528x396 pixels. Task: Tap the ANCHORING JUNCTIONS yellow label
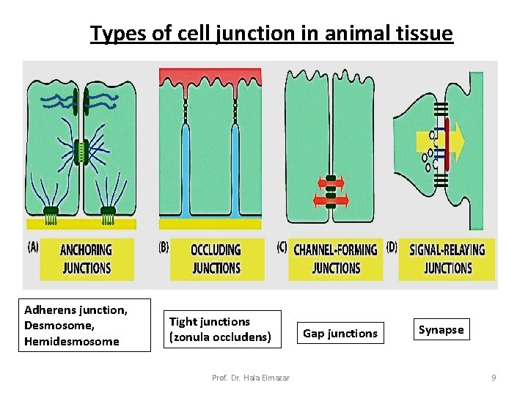pyautogui.click(x=87, y=259)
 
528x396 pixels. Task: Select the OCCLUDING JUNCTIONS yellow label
pyautogui.click(x=216, y=259)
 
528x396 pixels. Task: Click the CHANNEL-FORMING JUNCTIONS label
pyautogui.click(x=336, y=259)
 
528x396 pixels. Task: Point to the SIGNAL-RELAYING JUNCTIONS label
pyautogui.click(x=447, y=259)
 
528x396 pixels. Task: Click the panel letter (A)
pyautogui.click(x=33, y=247)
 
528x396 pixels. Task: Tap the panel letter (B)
pyautogui.click(x=164, y=247)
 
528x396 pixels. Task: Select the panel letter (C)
pyautogui.click(x=281, y=247)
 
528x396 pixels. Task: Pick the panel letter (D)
pyautogui.click(x=392, y=247)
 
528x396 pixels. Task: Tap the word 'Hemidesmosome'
pyautogui.click(x=71, y=341)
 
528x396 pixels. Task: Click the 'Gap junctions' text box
pyautogui.click(x=340, y=334)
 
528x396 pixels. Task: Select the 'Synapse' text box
pyautogui.click(x=441, y=330)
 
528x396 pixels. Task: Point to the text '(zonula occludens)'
pyautogui.click(x=220, y=337)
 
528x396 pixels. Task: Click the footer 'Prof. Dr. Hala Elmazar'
pyautogui.click(x=250, y=378)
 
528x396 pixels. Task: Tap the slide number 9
pyautogui.click(x=494, y=378)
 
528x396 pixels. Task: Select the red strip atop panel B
pyautogui.click(x=210, y=75)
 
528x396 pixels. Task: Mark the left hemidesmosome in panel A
pyautogui.click(x=51, y=213)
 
